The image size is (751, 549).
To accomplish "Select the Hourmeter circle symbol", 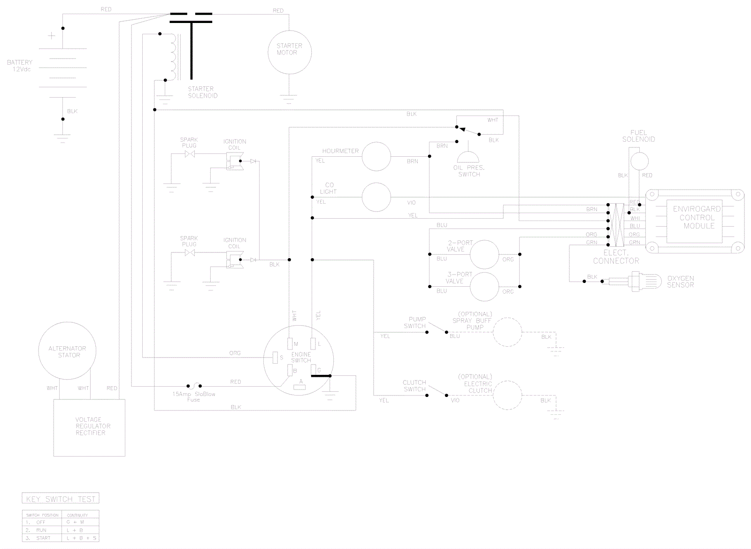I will click(x=376, y=157).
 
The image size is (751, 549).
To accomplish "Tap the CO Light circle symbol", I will click(x=376, y=197).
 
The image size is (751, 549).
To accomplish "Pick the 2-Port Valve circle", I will click(x=484, y=254).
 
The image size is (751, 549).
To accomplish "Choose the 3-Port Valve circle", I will click(x=484, y=287).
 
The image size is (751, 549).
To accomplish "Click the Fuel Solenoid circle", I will click(x=639, y=161).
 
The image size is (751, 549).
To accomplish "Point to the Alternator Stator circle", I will click(x=68, y=351).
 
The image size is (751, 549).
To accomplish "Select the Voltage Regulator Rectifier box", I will click(x=89, y=427).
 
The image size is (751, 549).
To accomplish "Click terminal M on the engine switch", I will click(x=290, y=344).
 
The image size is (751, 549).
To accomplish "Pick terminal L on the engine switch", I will click(x=314, y=344).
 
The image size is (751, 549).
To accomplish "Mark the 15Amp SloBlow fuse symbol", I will click(x=194, y=383).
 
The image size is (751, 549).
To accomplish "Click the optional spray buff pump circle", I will click(x=507, y=332).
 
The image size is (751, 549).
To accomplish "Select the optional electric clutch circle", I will click(x=507, y=395).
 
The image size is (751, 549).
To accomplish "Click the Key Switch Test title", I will click(x=61, y=499).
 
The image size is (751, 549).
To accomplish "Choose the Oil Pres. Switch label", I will click(x=469, y=171).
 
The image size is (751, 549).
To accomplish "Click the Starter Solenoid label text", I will click(x=203, y=92).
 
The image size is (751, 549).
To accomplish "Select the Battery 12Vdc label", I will click(x=20, y=65).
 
